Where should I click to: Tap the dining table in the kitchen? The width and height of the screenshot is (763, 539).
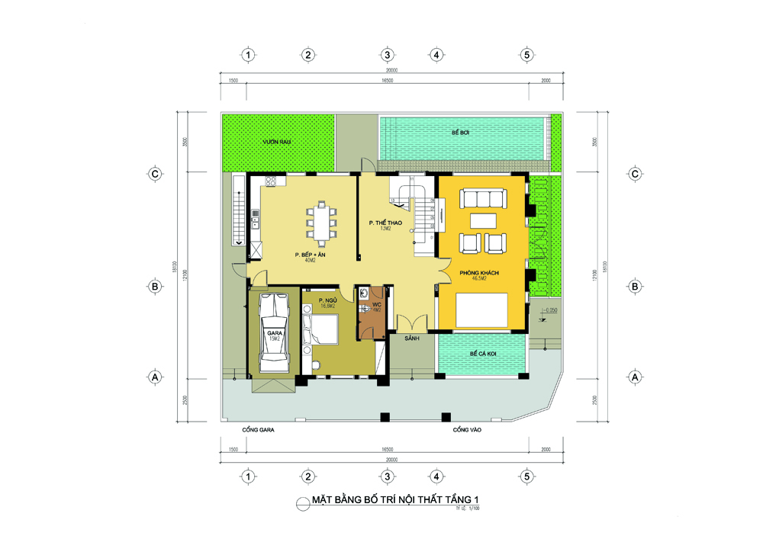(x=321, y=223)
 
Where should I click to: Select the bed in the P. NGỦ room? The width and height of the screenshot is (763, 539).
(x=324, y=330)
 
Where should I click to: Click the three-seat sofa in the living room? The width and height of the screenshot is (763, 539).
(x=484, y=200)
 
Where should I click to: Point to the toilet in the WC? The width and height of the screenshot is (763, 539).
(x=365, y=296)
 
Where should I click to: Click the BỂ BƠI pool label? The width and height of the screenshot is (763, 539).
(x=459, y=133)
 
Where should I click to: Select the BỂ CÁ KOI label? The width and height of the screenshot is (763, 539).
(x=482, y=354)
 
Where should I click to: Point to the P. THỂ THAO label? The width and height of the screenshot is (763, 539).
(x=385, y=223)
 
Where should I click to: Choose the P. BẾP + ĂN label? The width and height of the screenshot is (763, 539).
(x=311, y=254)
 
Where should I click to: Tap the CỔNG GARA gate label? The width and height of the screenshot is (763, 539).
(x=258, y=430)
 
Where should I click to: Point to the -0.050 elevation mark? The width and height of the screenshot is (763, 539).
(x=553, y=310)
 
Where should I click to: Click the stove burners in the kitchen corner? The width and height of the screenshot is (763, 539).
(x=269, y=181)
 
